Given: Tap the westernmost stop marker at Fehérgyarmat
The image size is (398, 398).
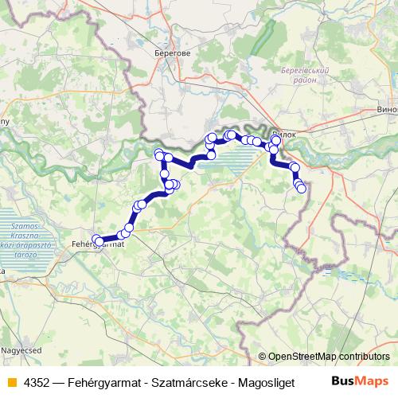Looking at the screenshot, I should click(x=96, y=239).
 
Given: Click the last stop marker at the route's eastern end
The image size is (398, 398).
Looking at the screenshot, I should click(x=301, y=189).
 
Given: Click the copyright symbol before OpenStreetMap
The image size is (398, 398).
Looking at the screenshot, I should click(x=263, y=357).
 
